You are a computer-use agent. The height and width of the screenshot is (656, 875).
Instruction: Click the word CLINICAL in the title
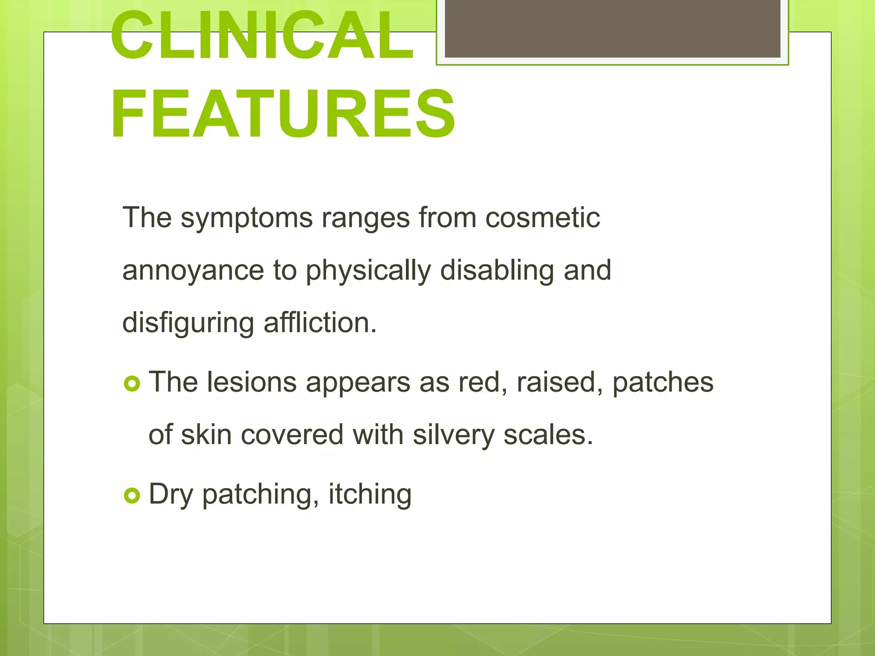point(261,36)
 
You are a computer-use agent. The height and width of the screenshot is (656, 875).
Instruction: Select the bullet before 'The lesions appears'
point(132,384)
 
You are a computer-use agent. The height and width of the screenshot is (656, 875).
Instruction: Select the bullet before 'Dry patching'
point(132,496)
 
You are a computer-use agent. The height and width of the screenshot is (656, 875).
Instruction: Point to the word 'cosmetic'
point(543,218)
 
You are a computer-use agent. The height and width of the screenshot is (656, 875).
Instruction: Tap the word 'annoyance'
point(193,271)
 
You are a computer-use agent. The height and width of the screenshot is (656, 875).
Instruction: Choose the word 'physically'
point(368,271)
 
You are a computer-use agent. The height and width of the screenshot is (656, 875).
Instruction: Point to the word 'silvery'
point(453,435)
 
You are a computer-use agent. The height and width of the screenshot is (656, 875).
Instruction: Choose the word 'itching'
point(370,495)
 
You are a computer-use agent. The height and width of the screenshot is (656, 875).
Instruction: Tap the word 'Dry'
point(170,495)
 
